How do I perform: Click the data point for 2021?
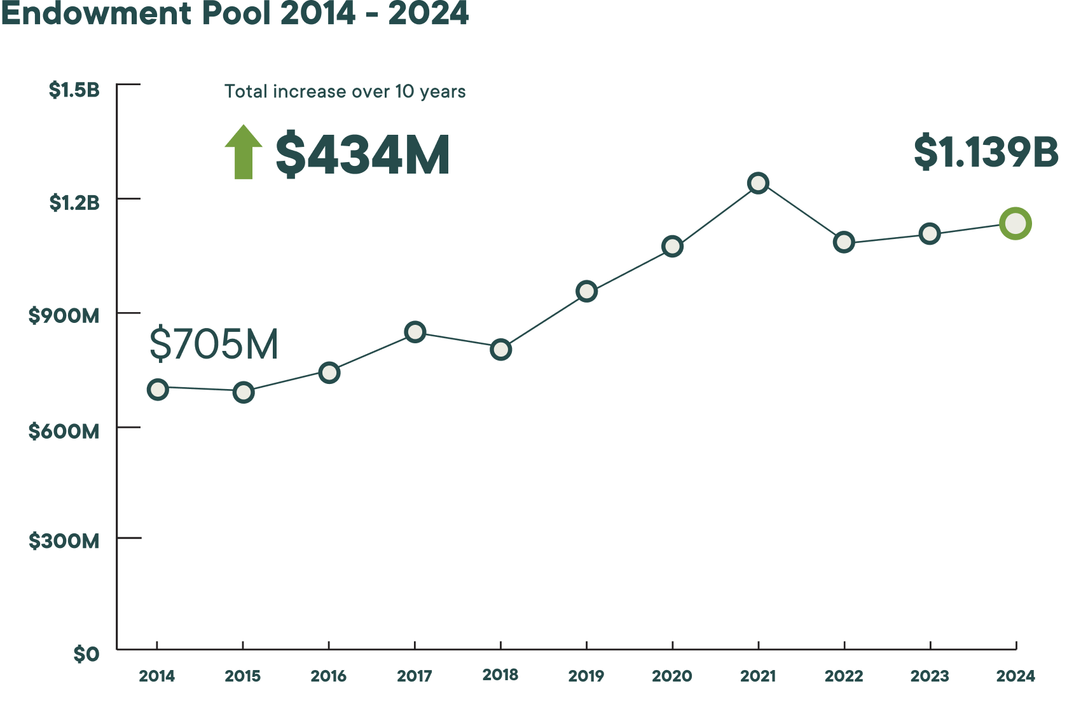click(758, 183)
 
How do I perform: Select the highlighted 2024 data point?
click(1015, 224)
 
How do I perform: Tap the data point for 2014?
click(158, 389)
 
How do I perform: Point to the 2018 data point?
click(500, 350)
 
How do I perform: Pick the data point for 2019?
click(586, 291)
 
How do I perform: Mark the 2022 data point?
click(844, 242)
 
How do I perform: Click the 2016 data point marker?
click(329, 373)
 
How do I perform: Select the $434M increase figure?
click(362, 154)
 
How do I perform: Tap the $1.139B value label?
click(986, 153)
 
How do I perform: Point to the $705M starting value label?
click(214, 344)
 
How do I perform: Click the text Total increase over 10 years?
click(345, 92)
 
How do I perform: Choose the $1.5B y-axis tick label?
click(74, 90)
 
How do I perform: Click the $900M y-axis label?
click(64, 315)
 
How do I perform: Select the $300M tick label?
click(64, 541)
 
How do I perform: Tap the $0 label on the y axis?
click(86, 654)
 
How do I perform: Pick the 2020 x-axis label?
click(672, 676)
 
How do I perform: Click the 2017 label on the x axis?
click(415, 676)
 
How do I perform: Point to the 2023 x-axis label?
click(930, 676)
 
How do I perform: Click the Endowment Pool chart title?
click(234, 14)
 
